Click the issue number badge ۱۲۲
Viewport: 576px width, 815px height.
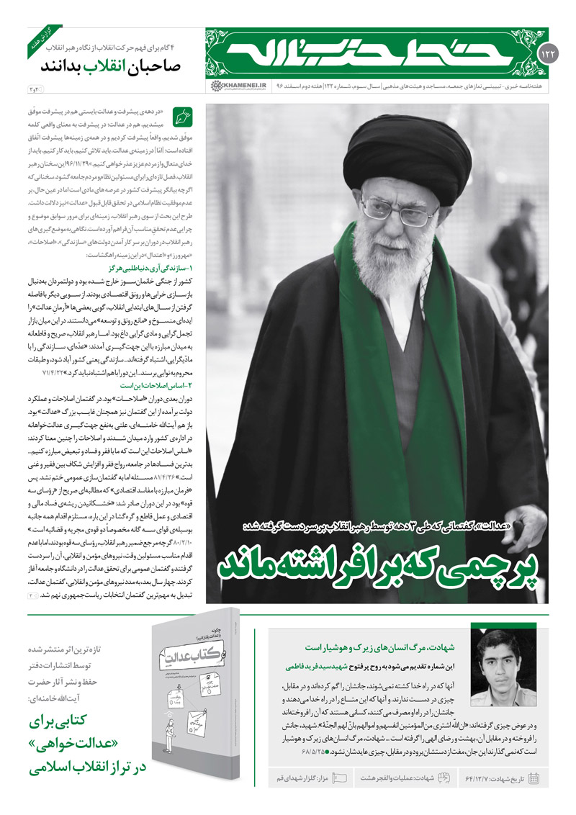[546, 55]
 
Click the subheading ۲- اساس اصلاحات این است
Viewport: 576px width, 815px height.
[153, 386]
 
